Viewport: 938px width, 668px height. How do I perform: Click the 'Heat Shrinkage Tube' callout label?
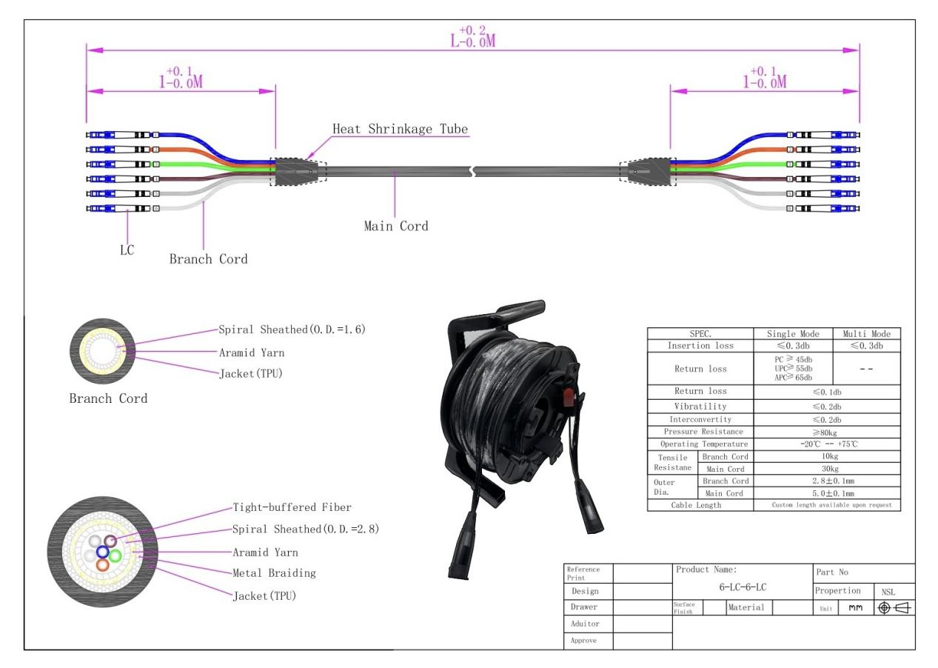(400, 129)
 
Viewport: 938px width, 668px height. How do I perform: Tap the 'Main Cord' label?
(395, 226)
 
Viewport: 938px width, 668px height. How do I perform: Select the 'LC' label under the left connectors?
(127, 250)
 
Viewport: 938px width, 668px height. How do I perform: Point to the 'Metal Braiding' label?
(274, 572)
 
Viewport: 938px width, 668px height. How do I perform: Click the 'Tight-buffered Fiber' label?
(292, 507)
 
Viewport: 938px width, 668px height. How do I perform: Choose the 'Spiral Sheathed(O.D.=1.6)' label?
(292, 329)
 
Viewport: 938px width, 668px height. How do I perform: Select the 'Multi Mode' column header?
(866, 334)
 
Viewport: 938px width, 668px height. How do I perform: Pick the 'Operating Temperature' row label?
(699, 443)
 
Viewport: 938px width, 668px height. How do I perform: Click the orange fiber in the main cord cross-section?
(103, 564)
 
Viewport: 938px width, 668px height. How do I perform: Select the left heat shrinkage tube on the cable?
(299, 172)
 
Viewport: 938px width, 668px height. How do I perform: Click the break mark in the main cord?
(472, 172)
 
